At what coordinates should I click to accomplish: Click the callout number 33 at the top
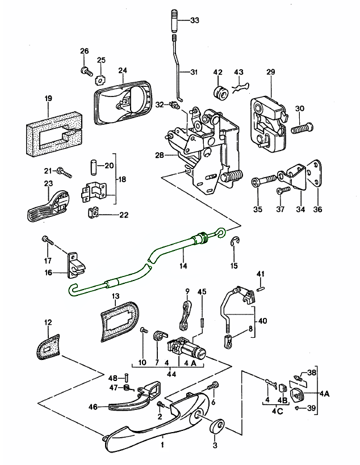(195, 20)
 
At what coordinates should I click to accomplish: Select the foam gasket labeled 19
(54, 134)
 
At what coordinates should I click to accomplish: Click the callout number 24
(122, 71)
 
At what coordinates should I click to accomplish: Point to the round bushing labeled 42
(220, 93)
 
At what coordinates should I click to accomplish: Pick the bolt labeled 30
(303, 128)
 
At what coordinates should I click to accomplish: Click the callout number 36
(318, 209)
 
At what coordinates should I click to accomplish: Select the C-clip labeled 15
(235, 244)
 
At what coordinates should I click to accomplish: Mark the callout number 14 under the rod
(182, 266)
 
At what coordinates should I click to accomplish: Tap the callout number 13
(115, 297)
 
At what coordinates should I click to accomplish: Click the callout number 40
(262, 320)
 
